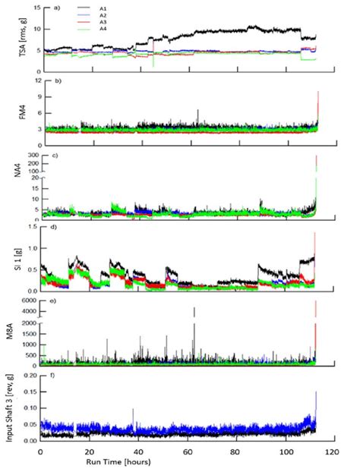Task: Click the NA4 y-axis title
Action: coord(11,186)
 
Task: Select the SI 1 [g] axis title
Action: coord(11,262)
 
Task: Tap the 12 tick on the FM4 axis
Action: coord(30,80)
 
